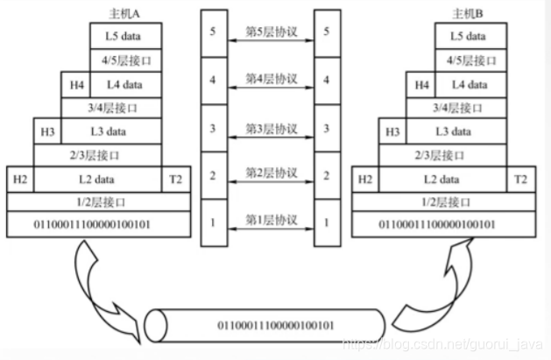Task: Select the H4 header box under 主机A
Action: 77,84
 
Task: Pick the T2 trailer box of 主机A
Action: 175,179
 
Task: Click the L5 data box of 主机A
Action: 127,36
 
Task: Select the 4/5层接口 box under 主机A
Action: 127,60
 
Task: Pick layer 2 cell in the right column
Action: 326,175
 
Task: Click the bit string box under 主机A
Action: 98,225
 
